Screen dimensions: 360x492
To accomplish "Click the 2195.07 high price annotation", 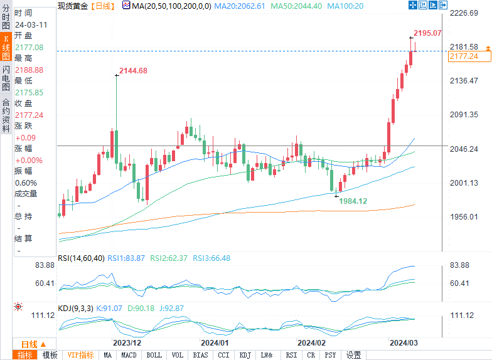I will [x=427, y=33].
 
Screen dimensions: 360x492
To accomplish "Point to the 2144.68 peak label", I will [x=134, y=71].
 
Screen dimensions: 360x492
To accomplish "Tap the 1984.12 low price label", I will [x=353, y=201].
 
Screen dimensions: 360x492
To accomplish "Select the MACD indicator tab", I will [x=129, y=355].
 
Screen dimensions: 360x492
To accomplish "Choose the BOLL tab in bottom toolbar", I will [x=153, y=355].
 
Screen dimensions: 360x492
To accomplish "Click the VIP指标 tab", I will [x=80, y=355].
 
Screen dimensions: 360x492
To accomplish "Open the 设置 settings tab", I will [x=354, y=355].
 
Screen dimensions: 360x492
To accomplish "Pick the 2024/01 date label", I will [x=215, y=343].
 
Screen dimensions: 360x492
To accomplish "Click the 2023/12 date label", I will [x=127, y=343].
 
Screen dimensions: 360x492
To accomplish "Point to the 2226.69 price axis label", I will [x=464, y=13].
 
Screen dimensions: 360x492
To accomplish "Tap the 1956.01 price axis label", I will [x=464, y=217].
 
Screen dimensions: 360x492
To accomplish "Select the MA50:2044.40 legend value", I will [x=300, y=6].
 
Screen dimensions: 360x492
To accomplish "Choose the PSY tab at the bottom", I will [x=331, y=355].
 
